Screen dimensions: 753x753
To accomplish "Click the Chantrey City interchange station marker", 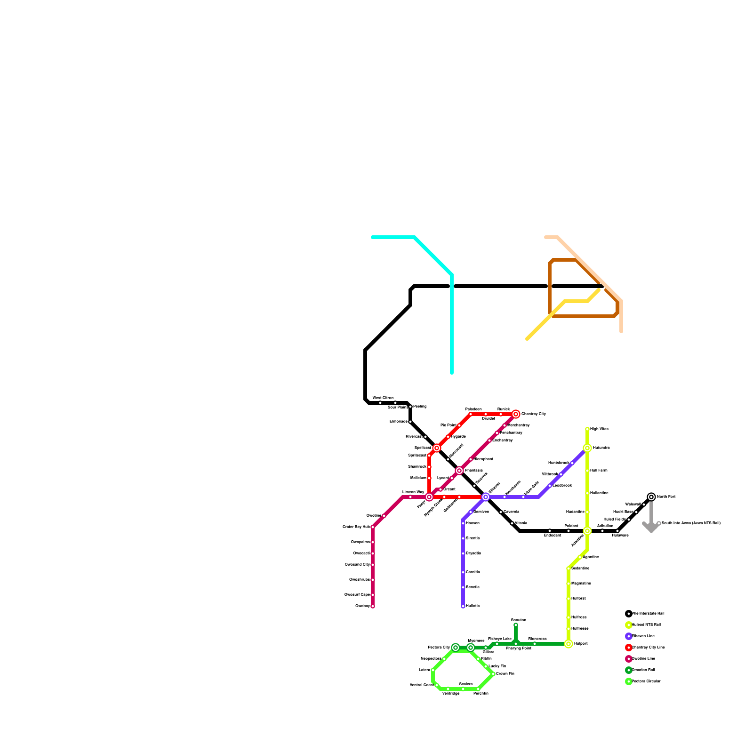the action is point(516,414).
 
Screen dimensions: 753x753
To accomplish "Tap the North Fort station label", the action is point(666,497).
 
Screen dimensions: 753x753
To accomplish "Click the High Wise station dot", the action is point(587,429).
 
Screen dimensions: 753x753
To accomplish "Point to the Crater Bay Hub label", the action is point(356,527).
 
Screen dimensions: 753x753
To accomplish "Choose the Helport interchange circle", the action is point(569,644).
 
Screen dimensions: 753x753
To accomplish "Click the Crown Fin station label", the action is point(505,674).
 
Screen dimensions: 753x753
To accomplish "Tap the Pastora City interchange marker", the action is point(456,648).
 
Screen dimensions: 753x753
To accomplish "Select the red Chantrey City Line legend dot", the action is point(629,648).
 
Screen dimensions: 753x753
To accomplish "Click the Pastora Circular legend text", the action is point(646,681).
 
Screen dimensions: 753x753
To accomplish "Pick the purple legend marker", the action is point(629,636).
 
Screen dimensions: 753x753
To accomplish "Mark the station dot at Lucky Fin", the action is point(486,666).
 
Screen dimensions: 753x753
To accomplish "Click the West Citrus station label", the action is point(383,398).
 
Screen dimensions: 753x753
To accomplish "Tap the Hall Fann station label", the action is point(599,471).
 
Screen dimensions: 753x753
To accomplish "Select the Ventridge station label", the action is point(451,694).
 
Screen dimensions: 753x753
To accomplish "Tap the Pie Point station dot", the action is point(459,425).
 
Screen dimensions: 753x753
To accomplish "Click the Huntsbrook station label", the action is point(559,463).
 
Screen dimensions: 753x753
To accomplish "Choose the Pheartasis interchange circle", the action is point(459,471).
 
